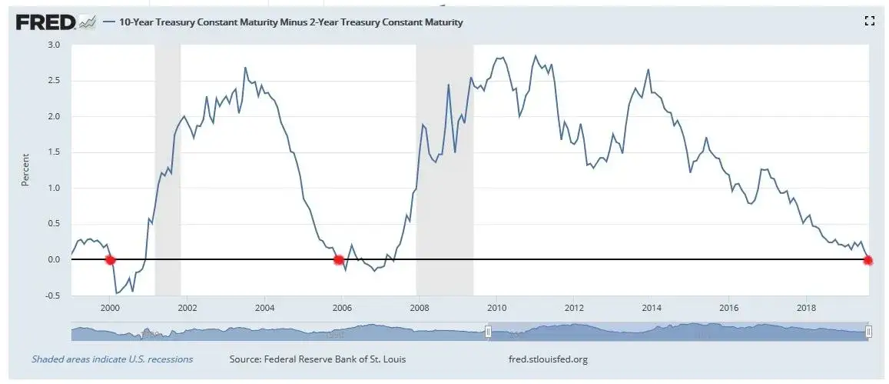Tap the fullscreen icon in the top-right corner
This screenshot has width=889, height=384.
click(869, 22)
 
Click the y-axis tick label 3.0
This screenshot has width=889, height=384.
click(53, 45)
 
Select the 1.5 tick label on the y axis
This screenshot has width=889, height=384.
click(53, 152)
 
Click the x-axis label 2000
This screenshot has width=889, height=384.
click(110, 308)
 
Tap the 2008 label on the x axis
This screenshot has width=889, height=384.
click(419, 308)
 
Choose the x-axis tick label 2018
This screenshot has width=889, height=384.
click(806, 308)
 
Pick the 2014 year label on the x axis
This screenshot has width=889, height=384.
click(652, 308)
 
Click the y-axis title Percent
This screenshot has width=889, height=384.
click(25, 170)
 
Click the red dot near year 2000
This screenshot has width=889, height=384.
click(110, 260)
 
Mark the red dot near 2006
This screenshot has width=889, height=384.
click(339, 260)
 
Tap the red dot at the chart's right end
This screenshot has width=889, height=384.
click(867, 260)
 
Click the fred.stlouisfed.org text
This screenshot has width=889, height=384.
click(549, 359)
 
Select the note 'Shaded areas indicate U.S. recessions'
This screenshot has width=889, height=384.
click(112, 359)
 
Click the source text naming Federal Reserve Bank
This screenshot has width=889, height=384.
click(317, 359)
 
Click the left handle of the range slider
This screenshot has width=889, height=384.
click(488, 332)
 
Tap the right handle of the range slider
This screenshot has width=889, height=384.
click(868, 332)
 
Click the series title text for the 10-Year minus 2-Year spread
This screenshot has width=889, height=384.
click(291, 22)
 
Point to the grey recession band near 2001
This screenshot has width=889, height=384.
click(168, 170)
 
